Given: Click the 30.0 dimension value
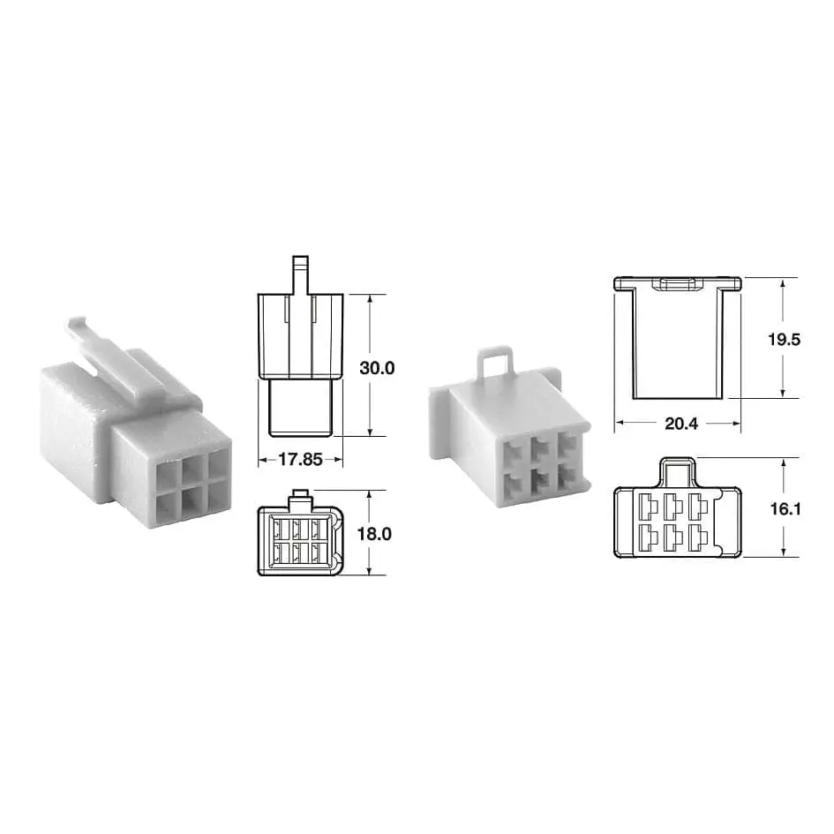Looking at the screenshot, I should [x=377, y=368].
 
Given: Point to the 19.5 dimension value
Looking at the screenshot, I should [x=784, y=340].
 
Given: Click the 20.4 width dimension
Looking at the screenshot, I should [x=680, y=425].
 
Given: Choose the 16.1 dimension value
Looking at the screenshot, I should [x=784, y=509].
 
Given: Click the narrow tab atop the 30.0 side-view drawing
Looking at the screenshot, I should [x=301, y=273].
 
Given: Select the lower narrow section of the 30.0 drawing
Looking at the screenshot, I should [x=301, y=407].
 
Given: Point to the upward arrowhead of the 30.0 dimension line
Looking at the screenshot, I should [x=371, y=300].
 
